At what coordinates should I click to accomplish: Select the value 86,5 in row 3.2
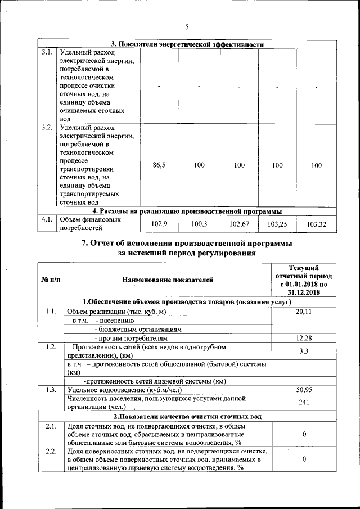click(159, 165)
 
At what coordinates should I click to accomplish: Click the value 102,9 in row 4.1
click(160, 224)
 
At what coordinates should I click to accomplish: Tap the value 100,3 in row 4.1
click(199, 224)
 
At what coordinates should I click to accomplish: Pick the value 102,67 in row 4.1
click(238, 224)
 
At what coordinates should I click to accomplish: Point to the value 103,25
click(277, 224)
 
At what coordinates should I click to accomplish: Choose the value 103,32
click(316, 224)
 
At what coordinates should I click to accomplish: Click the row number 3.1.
click(48, 53)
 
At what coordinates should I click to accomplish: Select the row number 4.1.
click(48, 220)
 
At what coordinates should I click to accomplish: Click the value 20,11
click(304, 311)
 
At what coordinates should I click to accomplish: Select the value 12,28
click(304, 338)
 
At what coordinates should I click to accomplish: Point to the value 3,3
click(304, 351)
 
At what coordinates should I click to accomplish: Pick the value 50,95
click(304, 389)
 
